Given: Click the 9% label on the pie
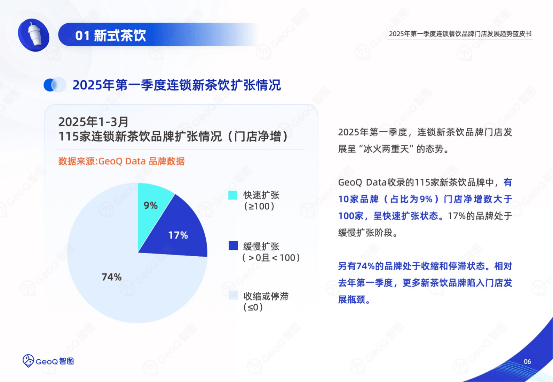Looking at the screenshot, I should pyautogui.click(x=151, y=205).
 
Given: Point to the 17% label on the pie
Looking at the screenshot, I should pyautogui.click(x=178, y=235).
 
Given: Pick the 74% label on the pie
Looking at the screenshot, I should pyautogui.click(x=111, y=277).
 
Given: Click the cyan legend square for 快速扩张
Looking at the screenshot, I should pyautogui.click(x=233, y=195).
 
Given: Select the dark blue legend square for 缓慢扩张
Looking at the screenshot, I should pyautogui.click(x=233, y=245).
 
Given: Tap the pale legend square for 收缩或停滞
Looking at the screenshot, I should pyautogui.click(x=233, y=295).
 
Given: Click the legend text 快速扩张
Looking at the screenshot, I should pyautogui.click(x=261, y=195).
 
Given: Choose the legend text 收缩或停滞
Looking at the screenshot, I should pyautogui.click(x=266, y=296).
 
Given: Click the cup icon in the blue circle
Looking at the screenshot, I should pyautogui.click(x=34, y=35).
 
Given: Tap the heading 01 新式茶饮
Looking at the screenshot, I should pyautogui.click(x=111, y=36).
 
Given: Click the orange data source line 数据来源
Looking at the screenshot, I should pyautogui.click(x=121, y=161).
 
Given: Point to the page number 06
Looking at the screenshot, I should pyautogui.click(x=527, y=362).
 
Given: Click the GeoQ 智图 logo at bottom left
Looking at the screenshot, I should pyautogui.click(x=48, y=361).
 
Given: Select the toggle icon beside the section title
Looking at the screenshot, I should pyautogui.click(x=55, y=85).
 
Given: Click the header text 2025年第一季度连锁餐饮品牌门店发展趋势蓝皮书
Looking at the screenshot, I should pyautogui.click(x=460, y=34).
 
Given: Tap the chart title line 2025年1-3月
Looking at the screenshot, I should pyautogui.click(x=93, y=122).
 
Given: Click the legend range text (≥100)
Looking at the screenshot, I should pyautogui.click(x=259, y=206).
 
